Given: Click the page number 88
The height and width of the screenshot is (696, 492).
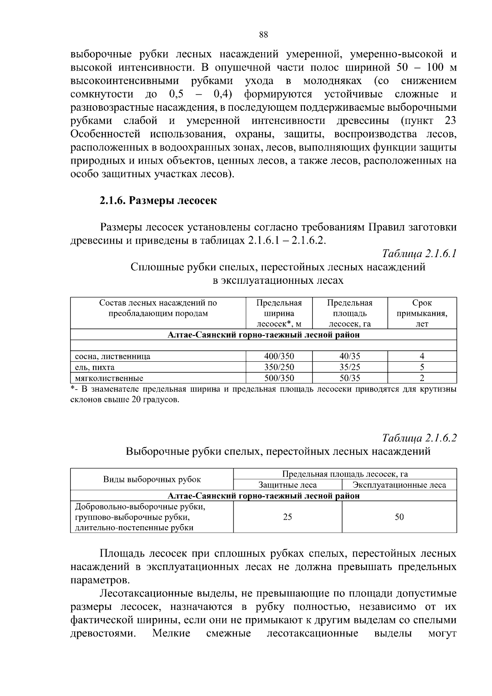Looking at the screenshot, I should click(264, 35).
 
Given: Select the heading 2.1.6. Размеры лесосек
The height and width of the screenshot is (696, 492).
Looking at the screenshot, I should click(158, 201).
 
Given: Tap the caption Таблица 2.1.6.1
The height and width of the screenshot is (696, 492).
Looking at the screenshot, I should click(419, 254).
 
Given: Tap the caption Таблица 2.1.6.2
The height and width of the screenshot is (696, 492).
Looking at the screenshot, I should click(419, 438).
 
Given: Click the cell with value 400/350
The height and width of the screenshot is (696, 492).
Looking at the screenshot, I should click(279, 356).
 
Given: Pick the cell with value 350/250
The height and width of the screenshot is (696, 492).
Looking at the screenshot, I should click(279, 367).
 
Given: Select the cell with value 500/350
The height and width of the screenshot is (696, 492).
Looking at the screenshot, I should click(279, 378).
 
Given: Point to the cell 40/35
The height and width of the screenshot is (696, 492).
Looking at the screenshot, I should click(350, 356).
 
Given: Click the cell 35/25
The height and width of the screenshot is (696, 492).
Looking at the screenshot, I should click(350, 367).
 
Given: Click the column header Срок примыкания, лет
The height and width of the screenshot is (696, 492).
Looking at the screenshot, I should click(422, 313).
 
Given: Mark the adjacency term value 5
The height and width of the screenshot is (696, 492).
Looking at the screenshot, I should click(422, 367).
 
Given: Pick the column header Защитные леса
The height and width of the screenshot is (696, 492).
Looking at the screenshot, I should click(287, 485).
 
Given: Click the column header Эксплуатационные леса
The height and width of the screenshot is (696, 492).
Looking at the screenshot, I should click(399, 485).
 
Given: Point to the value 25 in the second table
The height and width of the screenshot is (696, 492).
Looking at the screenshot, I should click(287, 517).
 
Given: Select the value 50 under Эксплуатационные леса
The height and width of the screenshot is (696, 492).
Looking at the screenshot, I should click(399, 517).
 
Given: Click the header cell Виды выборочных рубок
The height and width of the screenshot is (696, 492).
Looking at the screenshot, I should click(152, 479).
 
